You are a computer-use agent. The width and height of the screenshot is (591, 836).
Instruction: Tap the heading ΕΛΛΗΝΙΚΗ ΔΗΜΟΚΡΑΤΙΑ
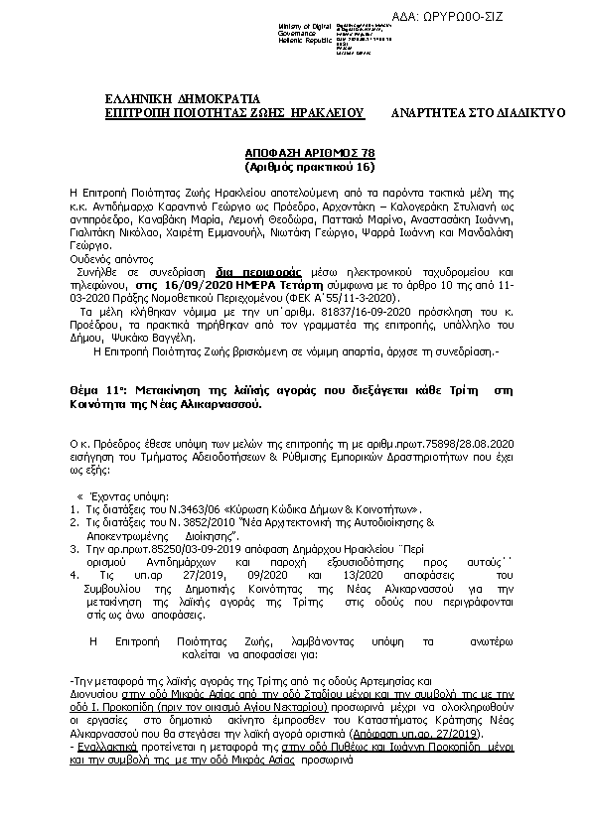point(182,98)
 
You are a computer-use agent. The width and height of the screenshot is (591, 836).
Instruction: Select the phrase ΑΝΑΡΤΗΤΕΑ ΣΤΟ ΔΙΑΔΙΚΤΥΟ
point(478,113)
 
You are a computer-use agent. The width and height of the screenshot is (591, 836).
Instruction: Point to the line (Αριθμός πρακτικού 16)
point(296,169)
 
